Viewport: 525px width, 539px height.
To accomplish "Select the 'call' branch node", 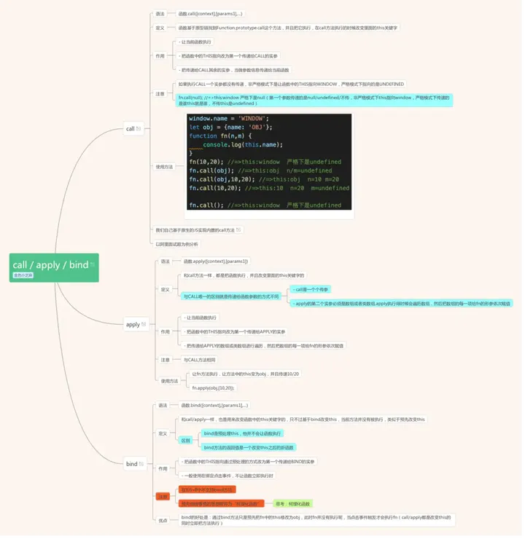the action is click(x=132, y=129).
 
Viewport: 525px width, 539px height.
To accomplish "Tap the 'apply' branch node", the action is click(x=134, y=324).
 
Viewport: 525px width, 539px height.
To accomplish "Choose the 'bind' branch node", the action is click(x=133, y=463).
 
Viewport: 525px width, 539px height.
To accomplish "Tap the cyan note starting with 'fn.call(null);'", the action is click(x=314, y=100).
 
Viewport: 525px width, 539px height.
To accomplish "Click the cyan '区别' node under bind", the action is click(x=185, y=440).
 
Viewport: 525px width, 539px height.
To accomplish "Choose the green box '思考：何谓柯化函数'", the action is click(x=292, y=503).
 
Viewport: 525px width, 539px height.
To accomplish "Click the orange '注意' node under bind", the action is click(x=163, y=496).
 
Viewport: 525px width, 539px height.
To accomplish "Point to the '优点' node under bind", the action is click(x=162, y=520).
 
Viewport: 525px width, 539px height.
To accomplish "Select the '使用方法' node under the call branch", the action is click(x=164, y=166).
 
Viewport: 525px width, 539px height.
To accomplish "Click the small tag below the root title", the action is click(x=23, y=275).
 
